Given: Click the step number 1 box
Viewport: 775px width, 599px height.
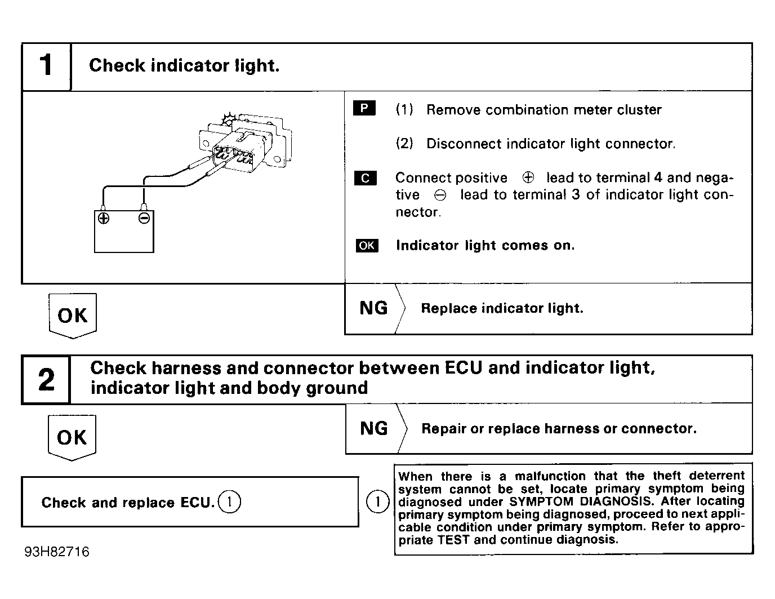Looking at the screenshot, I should [x=46, y=66].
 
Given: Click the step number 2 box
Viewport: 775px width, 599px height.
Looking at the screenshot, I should [x=46, y=379].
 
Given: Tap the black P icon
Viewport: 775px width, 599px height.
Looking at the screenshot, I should [x=364, y=108].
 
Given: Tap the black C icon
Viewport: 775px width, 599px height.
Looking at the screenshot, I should [x=365, y=178].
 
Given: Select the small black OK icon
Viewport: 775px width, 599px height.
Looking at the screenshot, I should [x=367, y=246].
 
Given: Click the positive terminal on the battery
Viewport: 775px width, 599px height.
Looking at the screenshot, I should [x=103, y=218].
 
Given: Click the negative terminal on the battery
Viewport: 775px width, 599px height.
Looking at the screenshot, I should [x=144, y=218].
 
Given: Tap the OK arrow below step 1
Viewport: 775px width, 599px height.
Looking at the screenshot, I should [x=73, y=316].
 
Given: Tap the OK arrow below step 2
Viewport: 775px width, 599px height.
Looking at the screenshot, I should [x=72, y=437].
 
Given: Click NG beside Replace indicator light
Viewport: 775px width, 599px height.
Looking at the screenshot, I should [x=373, y=308].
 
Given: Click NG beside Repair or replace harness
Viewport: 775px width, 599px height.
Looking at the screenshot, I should [x=374, y=428].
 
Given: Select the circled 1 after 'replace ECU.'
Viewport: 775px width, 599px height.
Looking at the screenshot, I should [x=229, y=502].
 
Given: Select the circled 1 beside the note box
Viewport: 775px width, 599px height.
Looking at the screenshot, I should [x=377, y=502].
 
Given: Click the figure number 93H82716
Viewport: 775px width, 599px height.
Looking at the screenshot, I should [x=57, y=552].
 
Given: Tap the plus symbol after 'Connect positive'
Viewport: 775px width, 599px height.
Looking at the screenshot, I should [x=528, y=178].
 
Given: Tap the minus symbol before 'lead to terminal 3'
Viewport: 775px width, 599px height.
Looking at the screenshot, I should [x=440, y=195].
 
